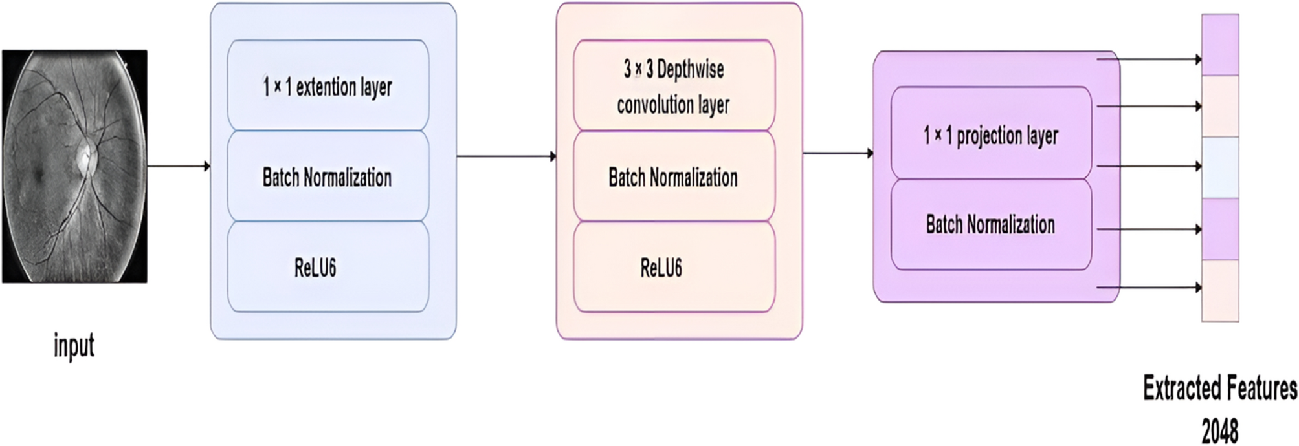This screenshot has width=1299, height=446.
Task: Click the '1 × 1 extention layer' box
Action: pos(328,86)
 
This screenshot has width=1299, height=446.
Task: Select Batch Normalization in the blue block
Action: pos(328,176)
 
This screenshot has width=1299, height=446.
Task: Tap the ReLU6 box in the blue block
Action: pos(328,267)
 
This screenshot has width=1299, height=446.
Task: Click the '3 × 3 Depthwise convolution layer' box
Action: pos(674,86)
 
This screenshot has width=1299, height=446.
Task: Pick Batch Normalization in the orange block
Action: pos(674,176)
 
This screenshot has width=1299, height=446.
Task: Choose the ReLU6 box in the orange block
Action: pos(674,267)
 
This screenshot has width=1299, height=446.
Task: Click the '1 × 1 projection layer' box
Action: pos(991,134)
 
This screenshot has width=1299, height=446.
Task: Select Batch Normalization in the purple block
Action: pos(991,225)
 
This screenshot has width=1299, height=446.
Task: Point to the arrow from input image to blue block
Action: pos(179,166)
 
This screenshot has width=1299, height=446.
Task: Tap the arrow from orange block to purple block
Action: pos(838,153)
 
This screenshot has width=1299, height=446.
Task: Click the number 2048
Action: pos(1219,430)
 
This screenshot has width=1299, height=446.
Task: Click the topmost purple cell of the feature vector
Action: pos(1220,45)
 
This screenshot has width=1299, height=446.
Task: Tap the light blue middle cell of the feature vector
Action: pos(1220,167)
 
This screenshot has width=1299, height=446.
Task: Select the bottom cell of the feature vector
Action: pos(1220,290)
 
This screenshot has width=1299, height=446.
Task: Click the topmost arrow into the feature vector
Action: pos(1149,59)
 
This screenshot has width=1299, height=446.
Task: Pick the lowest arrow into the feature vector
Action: pos(1149,287)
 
